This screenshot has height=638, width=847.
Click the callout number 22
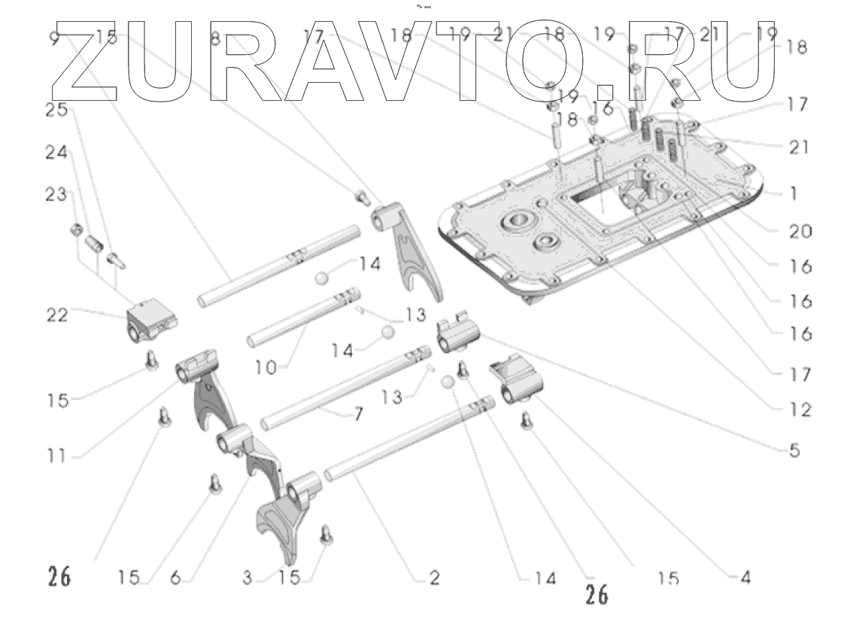click(x=56, y=315)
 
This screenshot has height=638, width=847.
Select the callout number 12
click(x=800, y=411)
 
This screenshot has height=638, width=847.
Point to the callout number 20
click(x=800, y=232)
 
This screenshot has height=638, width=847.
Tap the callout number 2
click(x=434, y=578)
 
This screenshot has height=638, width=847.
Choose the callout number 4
click(x=745, y=578)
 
